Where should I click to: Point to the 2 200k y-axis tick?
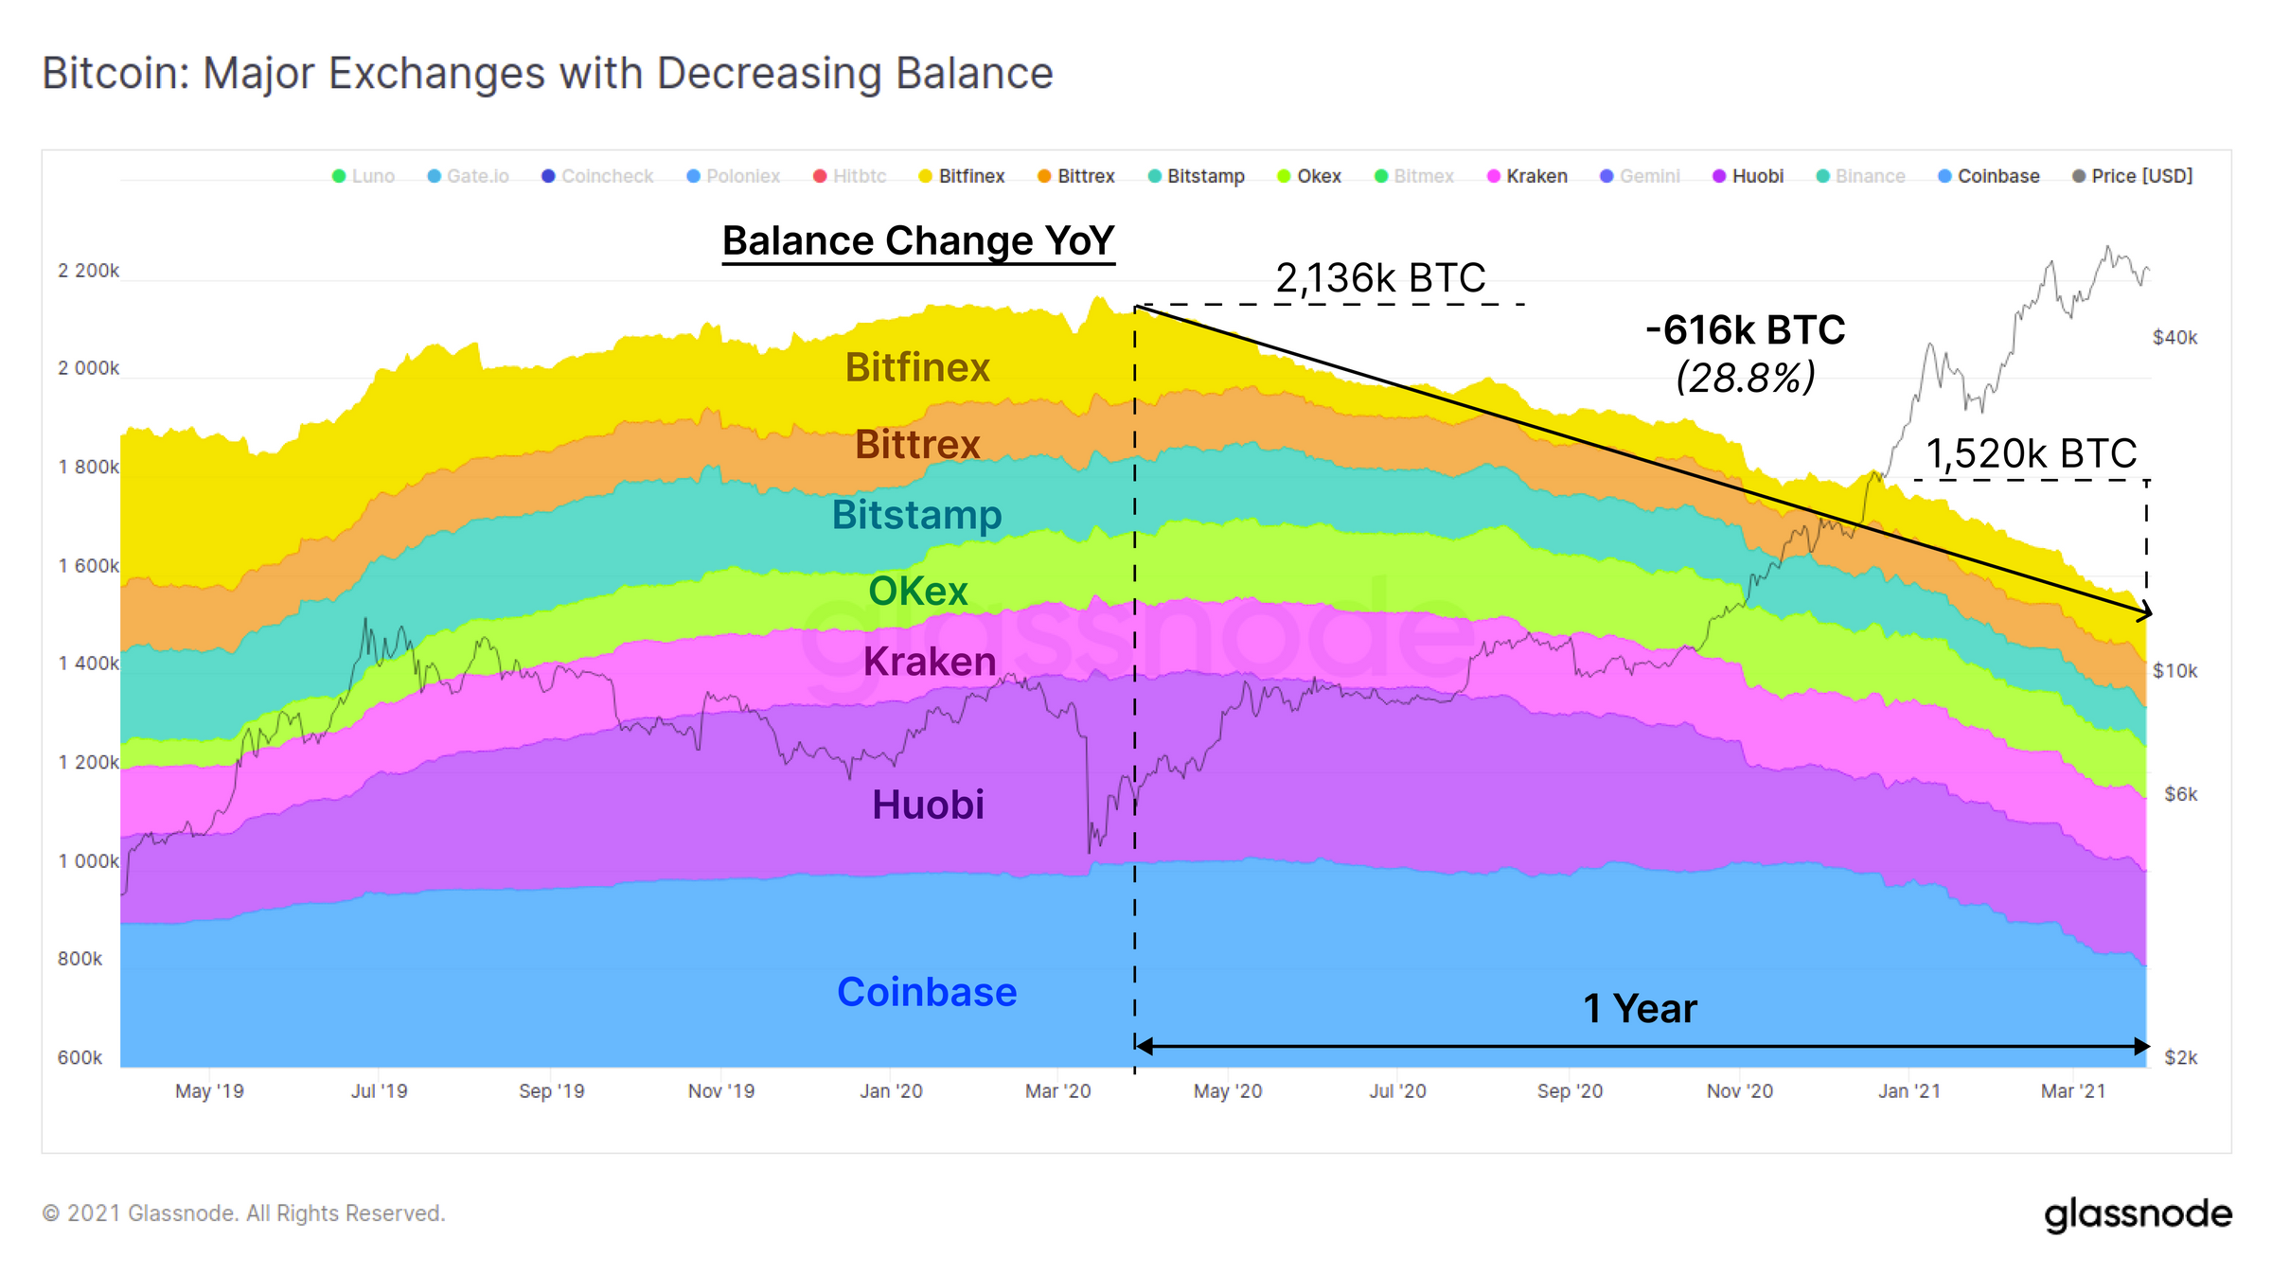point(88,271)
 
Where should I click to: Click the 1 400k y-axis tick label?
point(88,664)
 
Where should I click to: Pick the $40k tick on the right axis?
point(2174,338)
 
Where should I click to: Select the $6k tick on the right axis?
point(2180,794)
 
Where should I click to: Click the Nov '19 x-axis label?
point(720,1091)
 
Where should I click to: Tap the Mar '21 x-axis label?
point(2072,1091)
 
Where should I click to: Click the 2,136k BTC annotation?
point(1380,278)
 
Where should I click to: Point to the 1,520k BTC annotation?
point(2031,454)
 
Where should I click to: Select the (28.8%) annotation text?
point(1745,378)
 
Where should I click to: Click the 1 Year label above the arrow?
point(1640,1008)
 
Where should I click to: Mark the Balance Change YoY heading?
point(917,240)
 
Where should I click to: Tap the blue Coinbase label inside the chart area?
point(926,992)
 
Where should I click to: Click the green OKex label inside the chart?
point(917,591)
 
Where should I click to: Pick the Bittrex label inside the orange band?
point(916,444)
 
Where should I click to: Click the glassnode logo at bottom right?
point(2137,1214)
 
